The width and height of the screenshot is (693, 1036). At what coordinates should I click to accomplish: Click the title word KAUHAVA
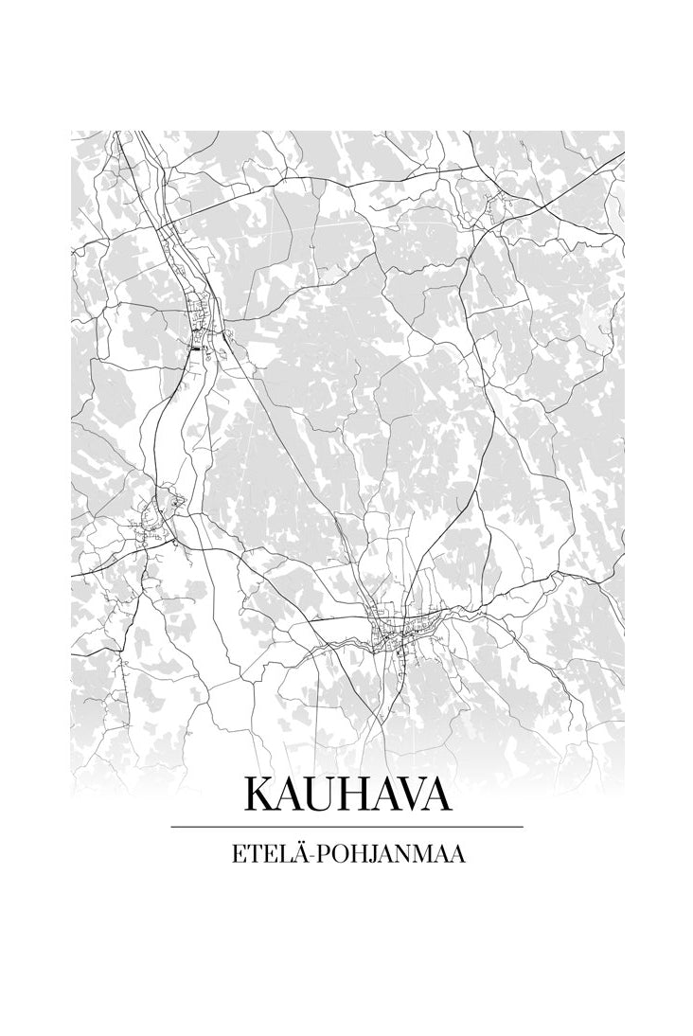point(346,795)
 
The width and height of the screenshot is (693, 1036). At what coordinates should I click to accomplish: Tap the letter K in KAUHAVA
point(259,795)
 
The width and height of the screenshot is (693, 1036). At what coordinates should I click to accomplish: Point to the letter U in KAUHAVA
point(319,795)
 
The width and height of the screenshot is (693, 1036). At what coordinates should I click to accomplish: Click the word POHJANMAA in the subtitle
point(394,854)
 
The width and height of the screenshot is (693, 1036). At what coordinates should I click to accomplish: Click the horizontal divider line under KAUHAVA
point(346,827)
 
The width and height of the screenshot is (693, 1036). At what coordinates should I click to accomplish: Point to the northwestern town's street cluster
point(201,322)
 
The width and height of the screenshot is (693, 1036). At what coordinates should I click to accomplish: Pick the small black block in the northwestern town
point(196,348)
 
